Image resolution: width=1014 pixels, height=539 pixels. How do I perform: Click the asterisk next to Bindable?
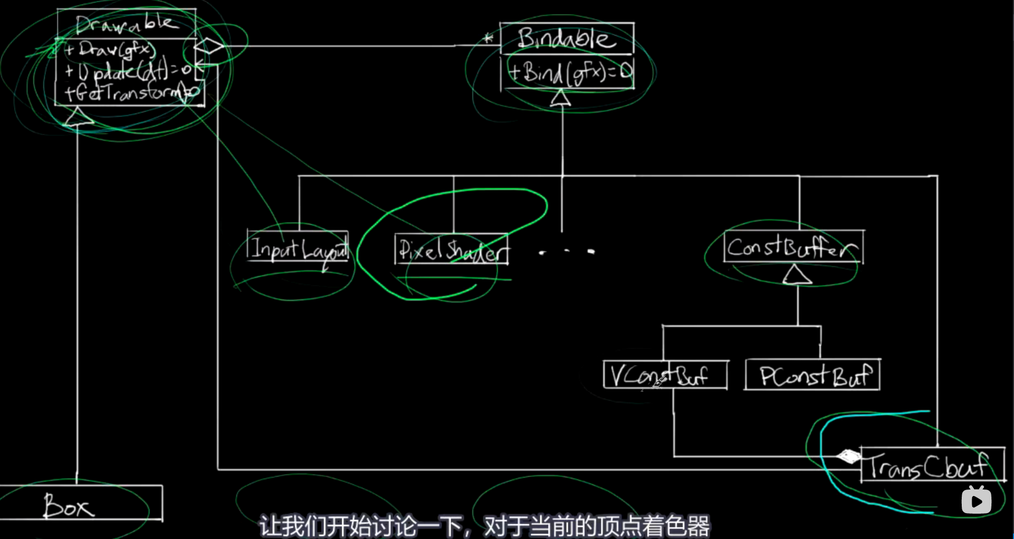[x=488, y=39]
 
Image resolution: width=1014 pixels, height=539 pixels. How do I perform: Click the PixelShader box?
[x=452, y=251]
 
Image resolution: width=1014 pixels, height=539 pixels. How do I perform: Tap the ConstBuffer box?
[x=793, y=248]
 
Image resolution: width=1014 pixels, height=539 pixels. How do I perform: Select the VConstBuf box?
[x=665, y=375]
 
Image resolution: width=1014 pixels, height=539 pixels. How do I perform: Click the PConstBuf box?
[x=813, y=375]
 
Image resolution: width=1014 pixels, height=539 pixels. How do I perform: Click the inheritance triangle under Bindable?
[x=561, y=98]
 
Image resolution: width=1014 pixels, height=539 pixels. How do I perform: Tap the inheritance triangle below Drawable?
[x=78, y=117]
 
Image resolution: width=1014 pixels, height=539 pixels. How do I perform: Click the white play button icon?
[x=976, y=501]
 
